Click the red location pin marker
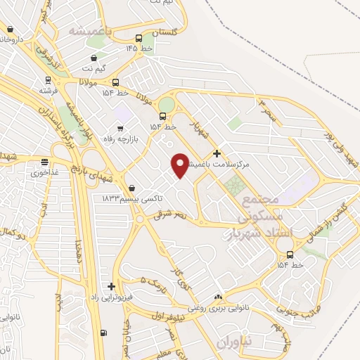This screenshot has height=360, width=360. coord(180,165)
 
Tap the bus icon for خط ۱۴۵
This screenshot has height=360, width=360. coord(139,38)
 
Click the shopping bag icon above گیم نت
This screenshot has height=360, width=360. coord(94,58)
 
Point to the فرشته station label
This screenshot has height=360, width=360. coord(49,91)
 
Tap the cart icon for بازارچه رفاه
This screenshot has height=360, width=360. coord(120,128)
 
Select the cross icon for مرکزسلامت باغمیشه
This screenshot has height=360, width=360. coord(217,153)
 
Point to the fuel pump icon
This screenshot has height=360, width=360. coord(104,333)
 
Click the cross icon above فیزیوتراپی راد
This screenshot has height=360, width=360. coord(111,286)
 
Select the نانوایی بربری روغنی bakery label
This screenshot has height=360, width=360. coord(226,307)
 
